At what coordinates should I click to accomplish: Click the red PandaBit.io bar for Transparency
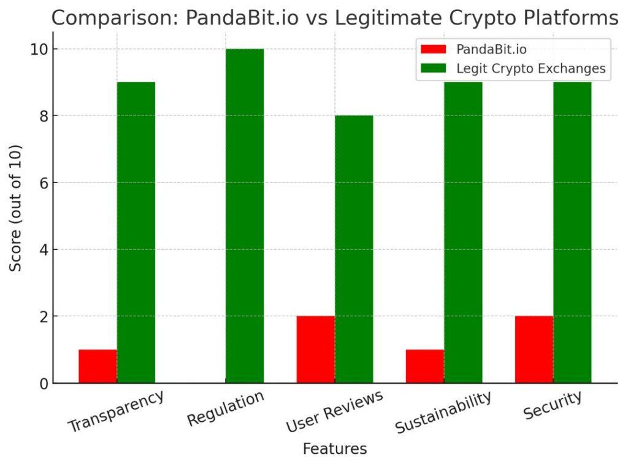pyautogui.click(x=98, y=367)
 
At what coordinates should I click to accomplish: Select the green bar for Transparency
pyautogui.click(x=136, y=233)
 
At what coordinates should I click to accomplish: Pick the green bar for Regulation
pyautogui.click(x=245, y=216)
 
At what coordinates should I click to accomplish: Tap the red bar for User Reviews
pyautogui.click(x=315, y=349)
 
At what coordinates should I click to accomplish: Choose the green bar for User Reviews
pyautogui.click(x=354, y=249)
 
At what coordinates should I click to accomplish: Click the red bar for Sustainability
pyautogui.click(x=424, y=367)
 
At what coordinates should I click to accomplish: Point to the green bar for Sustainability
pyautogui.click(x=463, y=233)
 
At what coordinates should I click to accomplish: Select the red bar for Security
pyautogui.click(x=534, y=349)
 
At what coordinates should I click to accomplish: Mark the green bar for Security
pyautogui.click(x=572, y=233)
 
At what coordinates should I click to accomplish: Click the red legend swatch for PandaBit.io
pyautogui.click(x=433, y=49)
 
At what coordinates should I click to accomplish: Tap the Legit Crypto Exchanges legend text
pyautogui.click(x=531, y=69)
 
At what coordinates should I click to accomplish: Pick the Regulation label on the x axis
pyautogui.click(x=226, y=408)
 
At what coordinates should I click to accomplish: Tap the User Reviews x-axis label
pyautogui.click(x=335, y=411)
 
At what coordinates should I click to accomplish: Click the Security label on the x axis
pyautogui.click(x=553, y=405)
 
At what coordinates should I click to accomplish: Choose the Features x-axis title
pyautogui.click(x=335, y=449)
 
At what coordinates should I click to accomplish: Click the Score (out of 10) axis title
pyautogui.click(x=17, y=208)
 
